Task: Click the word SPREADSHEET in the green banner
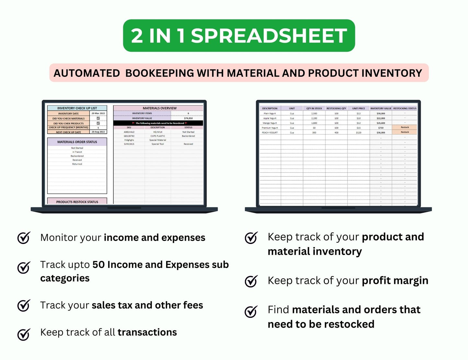tap(269, 36)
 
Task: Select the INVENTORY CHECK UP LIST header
tap(77, 108)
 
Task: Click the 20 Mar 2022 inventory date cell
tap(98, 113)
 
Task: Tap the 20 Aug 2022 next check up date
tap(98, 132)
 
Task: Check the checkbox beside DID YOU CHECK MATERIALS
tap(98, 118)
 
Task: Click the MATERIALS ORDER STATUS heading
tap(77, 142)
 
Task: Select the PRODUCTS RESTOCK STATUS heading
tap(77, 202)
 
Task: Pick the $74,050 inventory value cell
tap(188, 118)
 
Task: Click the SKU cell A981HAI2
tap(129, 132)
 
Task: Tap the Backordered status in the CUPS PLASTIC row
tap(188, 136)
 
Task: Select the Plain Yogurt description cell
tap(270, 113)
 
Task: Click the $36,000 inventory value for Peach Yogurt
tap(381, 133)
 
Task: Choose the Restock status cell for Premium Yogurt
tap(405, 127)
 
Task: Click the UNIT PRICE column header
tap(359, 109)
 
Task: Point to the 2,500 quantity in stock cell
tap(314, 113)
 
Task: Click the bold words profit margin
tap(395, 281)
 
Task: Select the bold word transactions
tap(147, 332)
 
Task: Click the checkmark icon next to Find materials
tap(251, 311)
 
